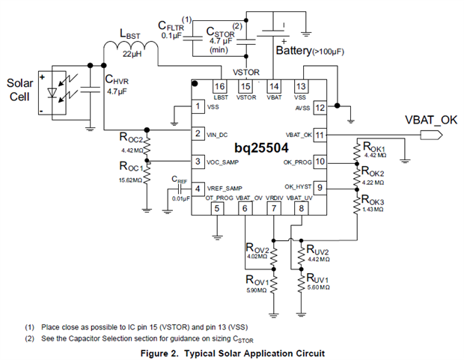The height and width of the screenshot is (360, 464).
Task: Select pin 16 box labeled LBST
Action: click(220, 87)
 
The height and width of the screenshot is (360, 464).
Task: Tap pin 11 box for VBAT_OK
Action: click(320, 135)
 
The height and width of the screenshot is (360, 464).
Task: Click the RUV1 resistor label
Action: click(316, 278)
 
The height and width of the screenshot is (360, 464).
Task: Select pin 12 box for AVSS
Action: click(320, 107)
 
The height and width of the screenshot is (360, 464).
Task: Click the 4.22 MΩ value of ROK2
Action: click(373, 180)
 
